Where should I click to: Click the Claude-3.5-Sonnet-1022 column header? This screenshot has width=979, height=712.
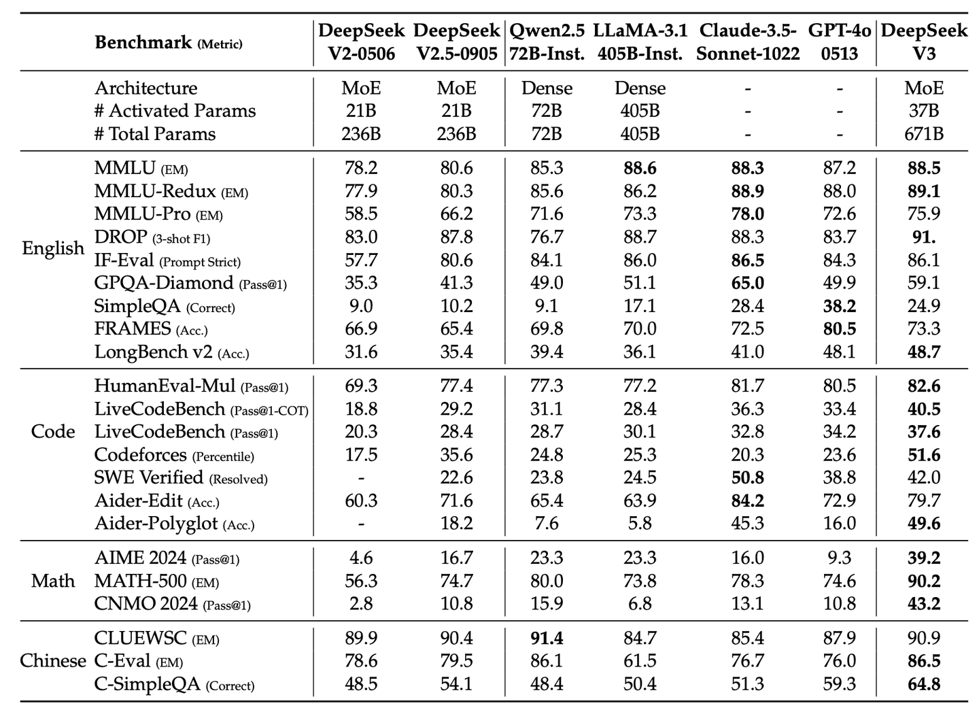tap(748, 42)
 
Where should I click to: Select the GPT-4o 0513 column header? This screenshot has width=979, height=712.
tap(840, 42)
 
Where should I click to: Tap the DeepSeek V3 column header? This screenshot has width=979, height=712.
tap(924, 42)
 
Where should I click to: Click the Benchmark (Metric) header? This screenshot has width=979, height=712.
tap(168, 43)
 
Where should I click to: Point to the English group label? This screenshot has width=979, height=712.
tap(53, 248)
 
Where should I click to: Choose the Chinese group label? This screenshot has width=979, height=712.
tap(53, 661)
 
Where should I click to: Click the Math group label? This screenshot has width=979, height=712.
tap(53, 581)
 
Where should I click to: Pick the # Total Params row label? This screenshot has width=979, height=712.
tap(155, 134)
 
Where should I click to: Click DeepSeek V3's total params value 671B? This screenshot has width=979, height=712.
tap(924, 134)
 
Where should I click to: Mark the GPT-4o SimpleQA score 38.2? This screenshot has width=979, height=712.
tap(840, 307)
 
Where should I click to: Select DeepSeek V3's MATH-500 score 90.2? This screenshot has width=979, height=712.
tap(924, 581)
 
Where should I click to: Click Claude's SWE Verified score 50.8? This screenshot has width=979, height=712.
tap(748, 478)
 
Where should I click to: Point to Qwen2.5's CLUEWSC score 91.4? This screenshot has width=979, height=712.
tap(547, 639)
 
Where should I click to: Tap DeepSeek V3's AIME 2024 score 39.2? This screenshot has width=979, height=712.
tap(924, 558)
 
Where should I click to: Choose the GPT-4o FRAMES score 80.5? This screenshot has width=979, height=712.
tap(840, 329)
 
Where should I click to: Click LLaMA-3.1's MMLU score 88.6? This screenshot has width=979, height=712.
tap(640, 168)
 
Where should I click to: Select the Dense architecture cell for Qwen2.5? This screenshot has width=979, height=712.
tap(547, 88)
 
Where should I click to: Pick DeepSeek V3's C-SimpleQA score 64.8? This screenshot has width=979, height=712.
tap(924, 684)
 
